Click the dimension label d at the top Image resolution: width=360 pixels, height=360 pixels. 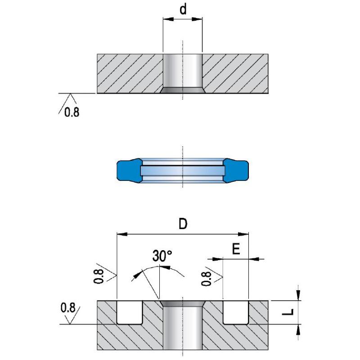(183, 10)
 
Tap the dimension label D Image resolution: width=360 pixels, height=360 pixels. (183, 224)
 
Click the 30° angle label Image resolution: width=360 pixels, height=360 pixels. (162, 256)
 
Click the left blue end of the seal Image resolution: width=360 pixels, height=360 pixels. (127, 171)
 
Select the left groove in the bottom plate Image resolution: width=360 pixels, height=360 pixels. (130, 312)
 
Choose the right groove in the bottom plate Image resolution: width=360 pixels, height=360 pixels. (236, 312)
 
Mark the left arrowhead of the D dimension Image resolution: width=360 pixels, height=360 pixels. (120, 234)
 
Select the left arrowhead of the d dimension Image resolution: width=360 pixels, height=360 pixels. (166, 19)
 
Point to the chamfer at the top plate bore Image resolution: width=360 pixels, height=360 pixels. (183, 90)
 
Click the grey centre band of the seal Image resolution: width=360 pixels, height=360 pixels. (183, 171)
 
